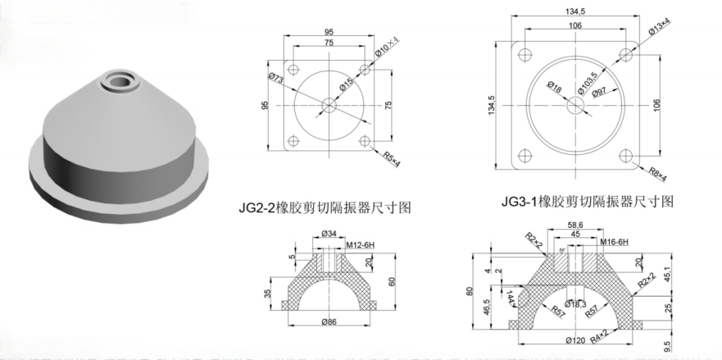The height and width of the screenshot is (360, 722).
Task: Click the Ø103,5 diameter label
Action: coord(585,82)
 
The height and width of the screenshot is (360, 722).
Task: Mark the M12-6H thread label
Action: coord(358,244)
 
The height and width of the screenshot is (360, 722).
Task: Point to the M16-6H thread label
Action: coord(613,243)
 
